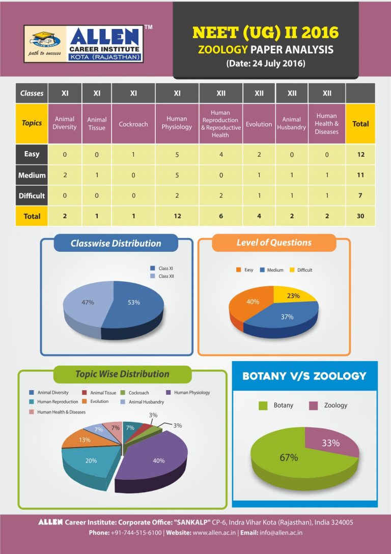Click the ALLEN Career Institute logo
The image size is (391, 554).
tap(84, 44)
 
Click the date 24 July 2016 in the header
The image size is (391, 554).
tap(265, 64)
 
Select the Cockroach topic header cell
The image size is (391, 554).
tap(133, 124)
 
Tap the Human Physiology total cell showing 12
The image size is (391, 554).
tap(177, 216)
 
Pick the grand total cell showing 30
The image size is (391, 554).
tap(360, 216)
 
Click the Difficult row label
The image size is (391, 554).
tap(32, 195)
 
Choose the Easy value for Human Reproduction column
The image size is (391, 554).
tap(220, 154)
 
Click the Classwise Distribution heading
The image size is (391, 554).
tap(116, 243)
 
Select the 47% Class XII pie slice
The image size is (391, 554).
tap(87, 305)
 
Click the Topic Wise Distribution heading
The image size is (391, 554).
tap(122, 374)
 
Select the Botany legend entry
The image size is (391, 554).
tap(277, 405)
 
